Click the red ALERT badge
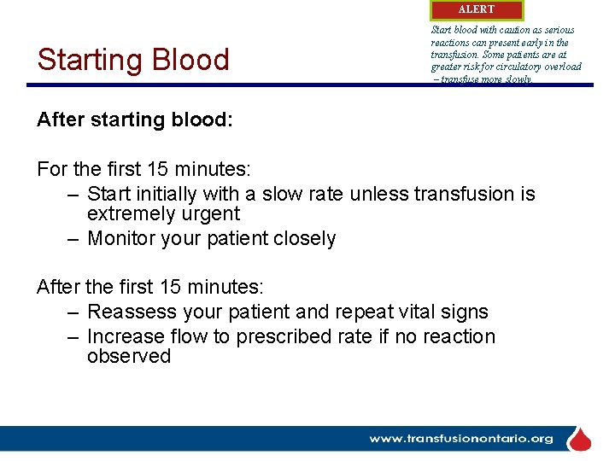point(476,9)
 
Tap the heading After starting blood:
point(134,120)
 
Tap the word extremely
point(129,213)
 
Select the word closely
point(305,238)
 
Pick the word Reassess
point(131,312)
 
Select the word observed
point(129,356)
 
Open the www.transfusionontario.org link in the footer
point(461,439)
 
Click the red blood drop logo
point(581,440)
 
